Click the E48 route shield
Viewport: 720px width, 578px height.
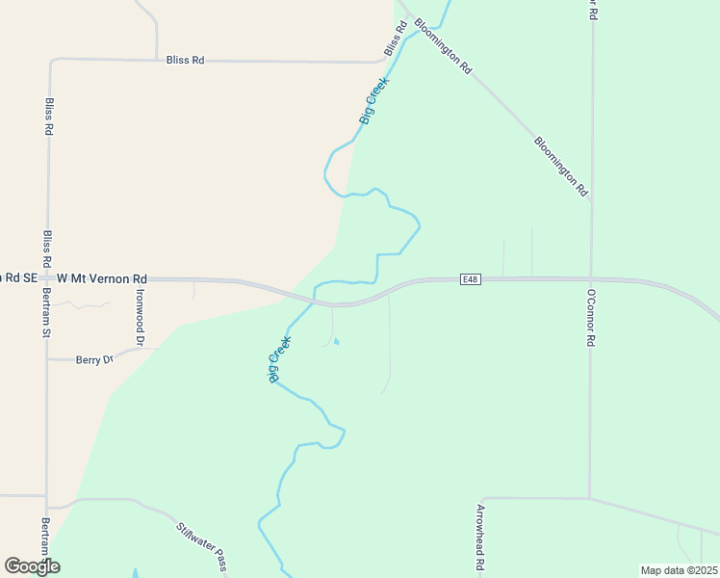(470, 279)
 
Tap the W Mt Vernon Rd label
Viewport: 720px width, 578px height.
(102, 277)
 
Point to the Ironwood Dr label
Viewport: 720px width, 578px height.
(141, 317)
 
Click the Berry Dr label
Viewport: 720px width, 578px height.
(94, 359)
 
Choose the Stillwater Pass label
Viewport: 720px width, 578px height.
(201, 545)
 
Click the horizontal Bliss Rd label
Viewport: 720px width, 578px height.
(185, 60)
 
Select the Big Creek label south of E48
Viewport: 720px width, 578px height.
(278, 357)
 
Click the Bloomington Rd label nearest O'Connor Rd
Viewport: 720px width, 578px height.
(560, 166)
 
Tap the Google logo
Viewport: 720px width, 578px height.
(32, 565)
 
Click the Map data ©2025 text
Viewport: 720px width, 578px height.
(678, 570)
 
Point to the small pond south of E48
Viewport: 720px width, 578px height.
(336, 341)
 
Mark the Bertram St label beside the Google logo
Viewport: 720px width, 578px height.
(45, 539)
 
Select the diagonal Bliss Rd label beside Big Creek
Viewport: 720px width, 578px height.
(392, 39)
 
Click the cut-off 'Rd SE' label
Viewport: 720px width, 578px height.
(19, 277)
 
